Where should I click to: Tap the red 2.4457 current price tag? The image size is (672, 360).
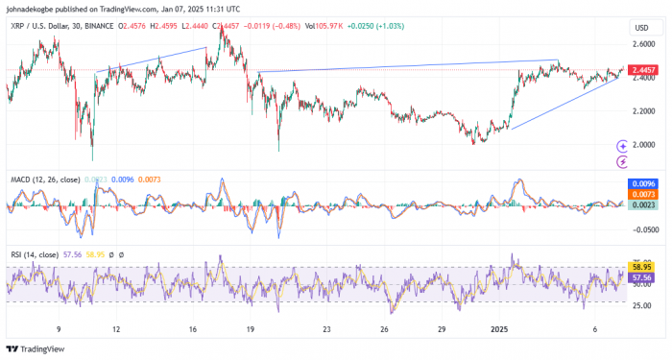point(641,70)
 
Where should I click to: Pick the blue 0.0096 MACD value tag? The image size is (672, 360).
point(640,183)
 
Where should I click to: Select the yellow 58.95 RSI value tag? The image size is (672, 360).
point(640,266)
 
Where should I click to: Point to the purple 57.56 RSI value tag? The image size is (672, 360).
point(640,276)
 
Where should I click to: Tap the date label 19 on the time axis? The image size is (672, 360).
point(249,328)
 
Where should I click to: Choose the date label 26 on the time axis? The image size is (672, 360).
point(383,328)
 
